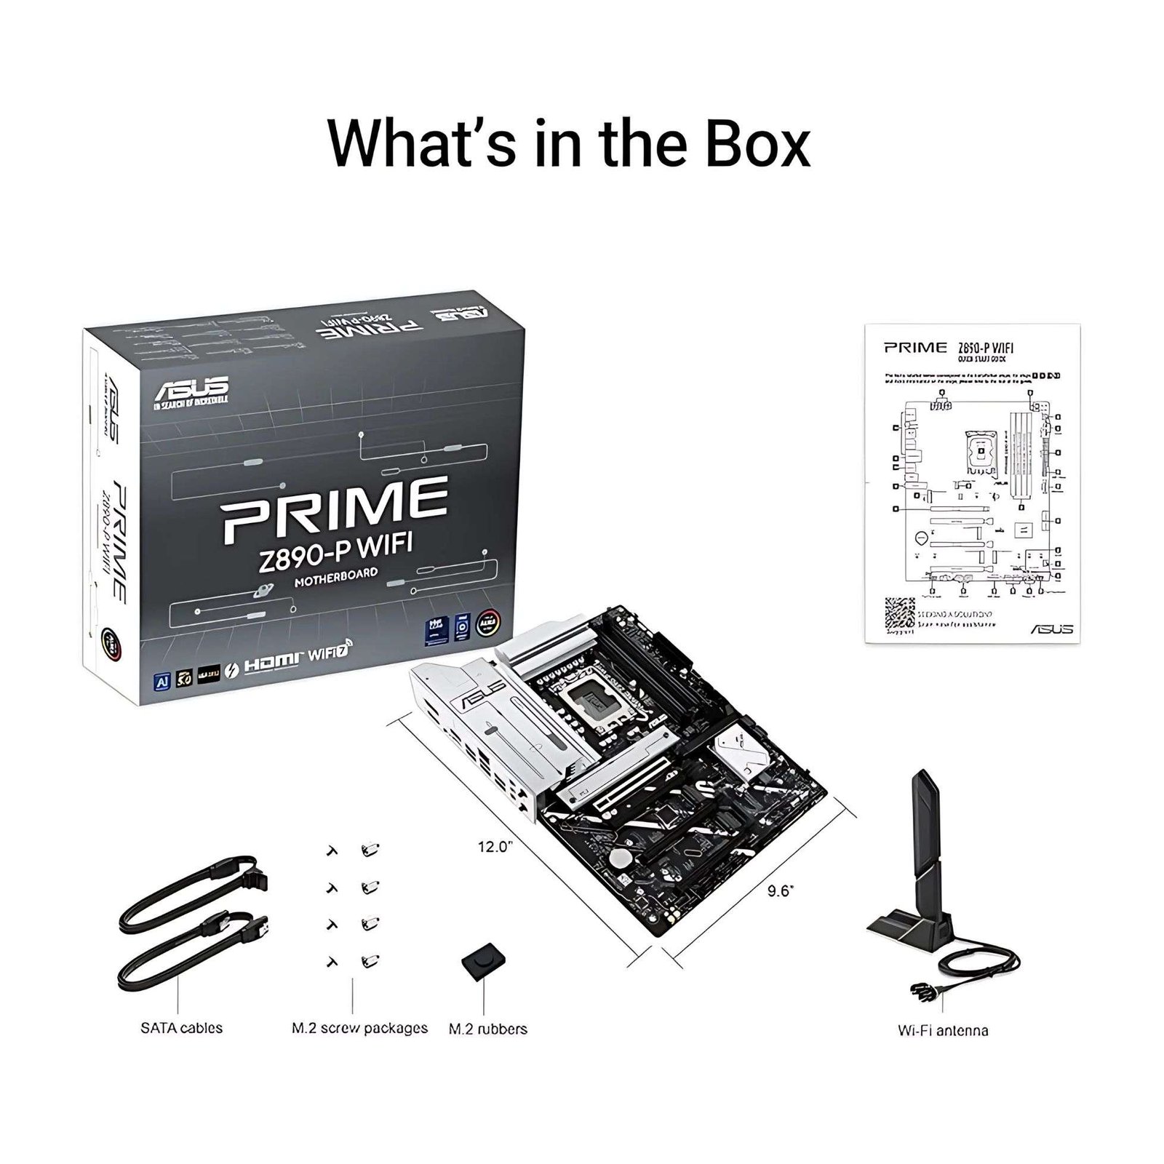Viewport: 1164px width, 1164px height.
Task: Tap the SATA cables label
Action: coord(181,1028)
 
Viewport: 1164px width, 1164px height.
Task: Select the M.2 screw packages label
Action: coord(359,1028)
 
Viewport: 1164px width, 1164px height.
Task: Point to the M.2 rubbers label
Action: coord(487,1029)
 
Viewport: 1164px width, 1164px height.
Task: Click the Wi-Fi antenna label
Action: coord(942,1030)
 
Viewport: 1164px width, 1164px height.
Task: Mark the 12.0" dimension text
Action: coord(495,847)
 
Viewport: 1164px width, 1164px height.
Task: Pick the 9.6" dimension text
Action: coord(780,891)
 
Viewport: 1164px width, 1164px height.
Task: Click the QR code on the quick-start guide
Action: coord(899,615)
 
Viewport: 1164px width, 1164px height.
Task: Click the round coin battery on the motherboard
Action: coord(620,859)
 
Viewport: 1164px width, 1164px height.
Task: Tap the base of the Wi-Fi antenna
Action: coord(905,928)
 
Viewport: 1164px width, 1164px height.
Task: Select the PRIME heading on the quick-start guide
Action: coord(915,347)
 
